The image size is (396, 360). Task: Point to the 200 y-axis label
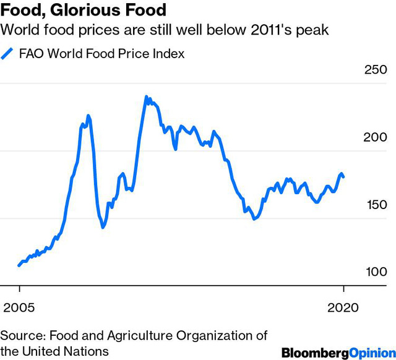click(x=374, y=138)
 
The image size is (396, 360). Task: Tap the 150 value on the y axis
click(x=374, y=205)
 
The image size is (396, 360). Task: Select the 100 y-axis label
click(x=374, y=272)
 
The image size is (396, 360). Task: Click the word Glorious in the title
click(x=88, y=11)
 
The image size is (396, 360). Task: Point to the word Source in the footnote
click(x=22, y=335)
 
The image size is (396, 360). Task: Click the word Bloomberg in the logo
click(x=312, y=353)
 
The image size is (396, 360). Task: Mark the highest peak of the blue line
click(x=147, y=97)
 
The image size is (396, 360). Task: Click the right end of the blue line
click(x=343, y=178)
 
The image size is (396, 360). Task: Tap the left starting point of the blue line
click(x=19, y=265)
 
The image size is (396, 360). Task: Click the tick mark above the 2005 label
click(x=20, y=289)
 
